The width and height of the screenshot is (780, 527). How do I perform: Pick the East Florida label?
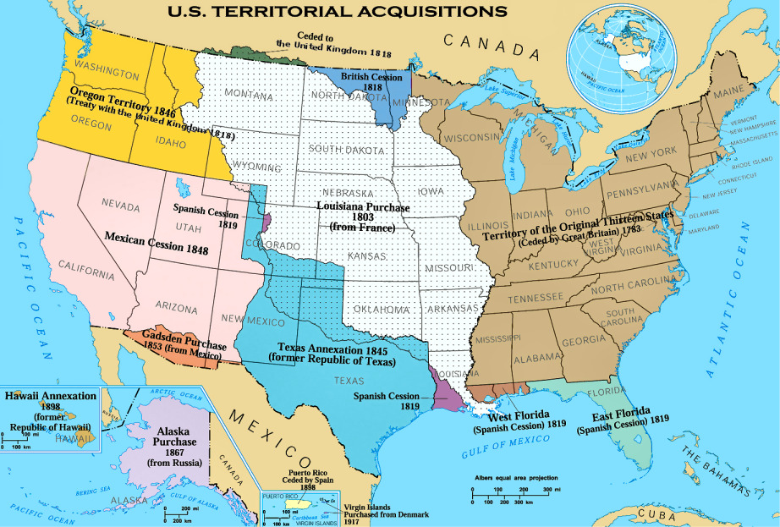[624, 417]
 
